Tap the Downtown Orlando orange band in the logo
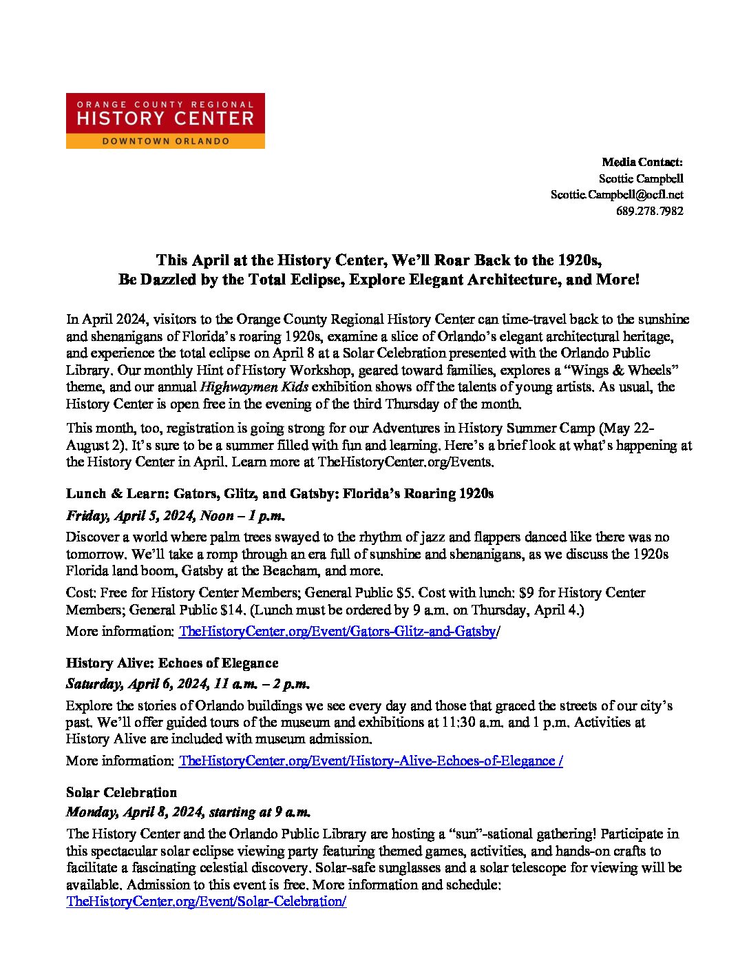pos(165,141)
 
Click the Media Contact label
pos(642,163)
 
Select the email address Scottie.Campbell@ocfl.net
pos(617,195)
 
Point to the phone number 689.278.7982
pos(649,211)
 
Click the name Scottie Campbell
pos(641,178)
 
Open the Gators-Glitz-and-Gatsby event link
pos(337,632)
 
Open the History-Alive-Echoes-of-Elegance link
pos(370,761)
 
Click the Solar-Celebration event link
pos(206,902)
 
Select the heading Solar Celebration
pos(121,793)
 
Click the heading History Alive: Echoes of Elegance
pos(172,663)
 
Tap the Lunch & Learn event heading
pos(279,494)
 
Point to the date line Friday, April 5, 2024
pos(175,516)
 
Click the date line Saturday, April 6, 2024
pos(187,685)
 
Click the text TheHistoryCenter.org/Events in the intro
pos(405,462)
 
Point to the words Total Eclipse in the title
pos(360,280)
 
